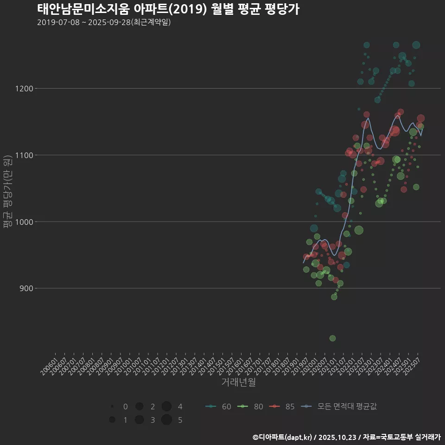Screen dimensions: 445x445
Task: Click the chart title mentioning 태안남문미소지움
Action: [x=168, y=9]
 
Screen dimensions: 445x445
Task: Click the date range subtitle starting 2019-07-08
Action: [x=104, y=22]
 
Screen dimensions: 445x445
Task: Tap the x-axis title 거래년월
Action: [x=238, y=382]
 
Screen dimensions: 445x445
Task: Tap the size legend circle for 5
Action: [x=167, y=420]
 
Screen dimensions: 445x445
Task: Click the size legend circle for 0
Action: [x=112, y=407]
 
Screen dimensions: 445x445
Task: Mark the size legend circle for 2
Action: [x=139, y=407]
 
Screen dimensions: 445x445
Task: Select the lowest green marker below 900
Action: [x=332, y=338]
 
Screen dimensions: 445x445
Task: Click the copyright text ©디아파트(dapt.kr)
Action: [x=282, y=437]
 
